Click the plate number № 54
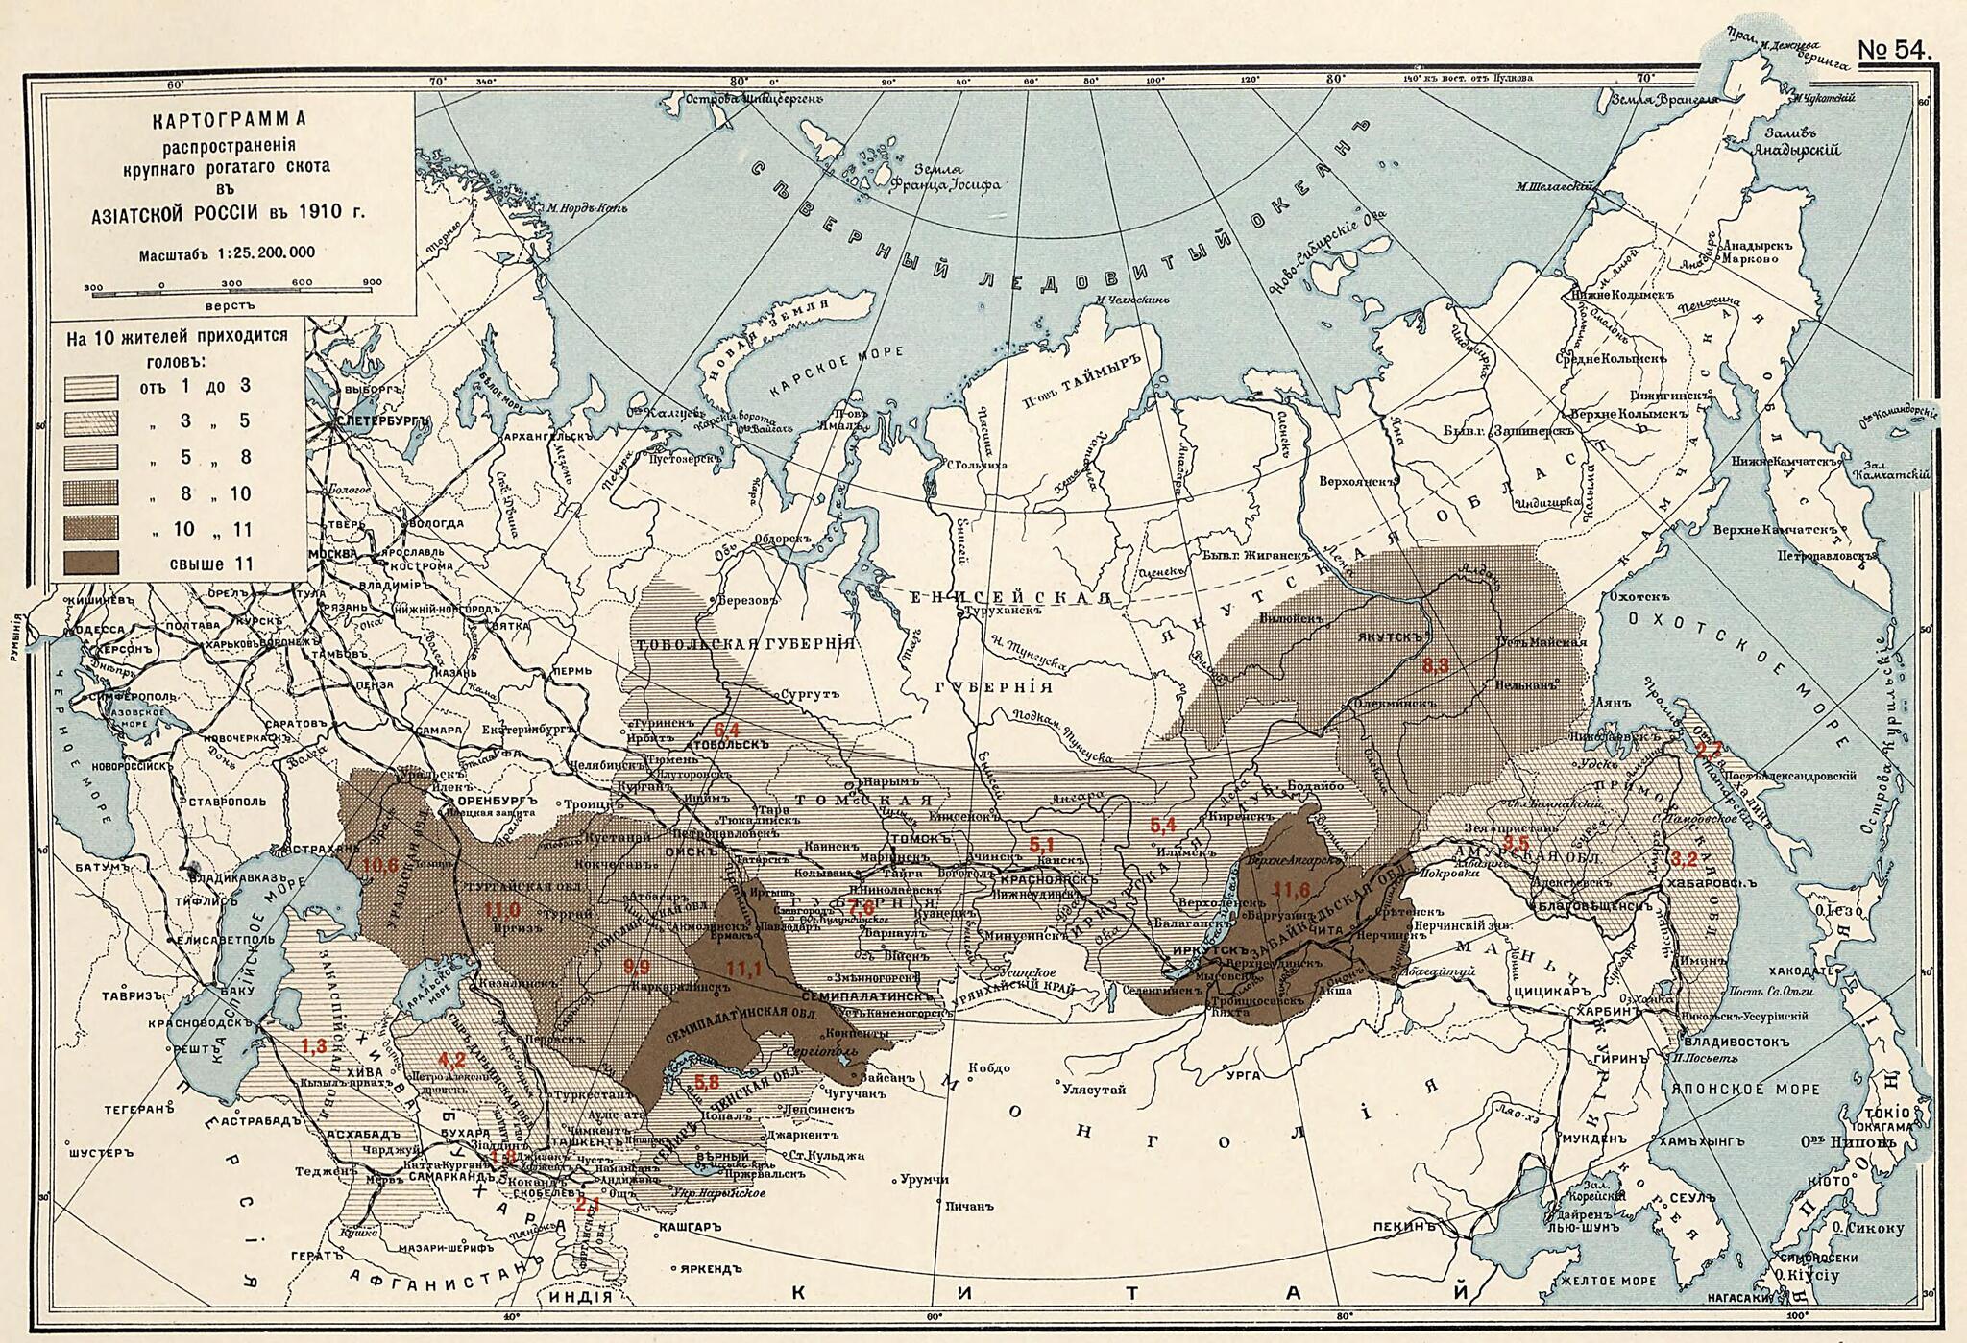click(1894, 51)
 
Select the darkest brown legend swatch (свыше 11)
click(91, 564)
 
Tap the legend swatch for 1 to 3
click(91, 388)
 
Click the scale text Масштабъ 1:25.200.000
click(227, 253)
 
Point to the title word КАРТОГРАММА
click(228, 121)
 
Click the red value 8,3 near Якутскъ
click(1435, 664)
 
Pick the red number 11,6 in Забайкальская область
click(1291, 890)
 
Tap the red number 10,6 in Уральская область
click(380, 865)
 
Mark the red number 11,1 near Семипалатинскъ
click(743, 970)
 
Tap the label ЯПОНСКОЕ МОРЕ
click(1745, 1089)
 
